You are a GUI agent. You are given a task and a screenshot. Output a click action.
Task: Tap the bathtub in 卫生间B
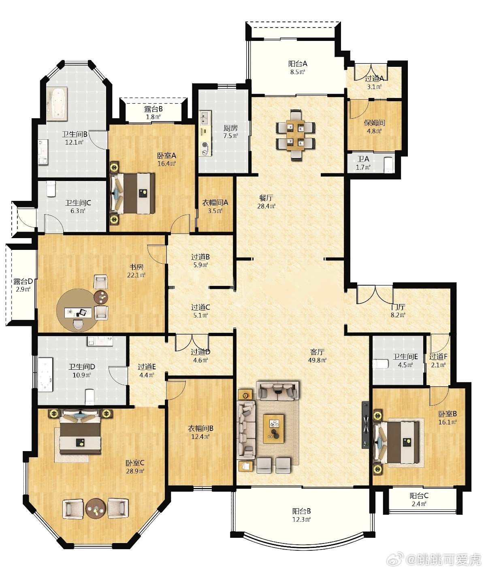56,104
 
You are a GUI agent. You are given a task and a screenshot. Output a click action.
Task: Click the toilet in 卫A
388,165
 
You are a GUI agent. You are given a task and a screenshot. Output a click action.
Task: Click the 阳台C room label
419,496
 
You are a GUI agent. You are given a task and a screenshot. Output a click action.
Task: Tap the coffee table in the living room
273,428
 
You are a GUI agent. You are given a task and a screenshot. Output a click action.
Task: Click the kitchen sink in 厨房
205,117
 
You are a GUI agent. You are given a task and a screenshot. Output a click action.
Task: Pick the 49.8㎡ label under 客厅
317,360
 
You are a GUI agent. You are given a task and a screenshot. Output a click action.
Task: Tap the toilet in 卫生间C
51,189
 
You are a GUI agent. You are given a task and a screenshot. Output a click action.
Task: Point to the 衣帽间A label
215,202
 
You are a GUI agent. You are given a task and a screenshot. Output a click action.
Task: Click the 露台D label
23,281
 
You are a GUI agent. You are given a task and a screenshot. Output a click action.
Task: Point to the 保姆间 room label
374,123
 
